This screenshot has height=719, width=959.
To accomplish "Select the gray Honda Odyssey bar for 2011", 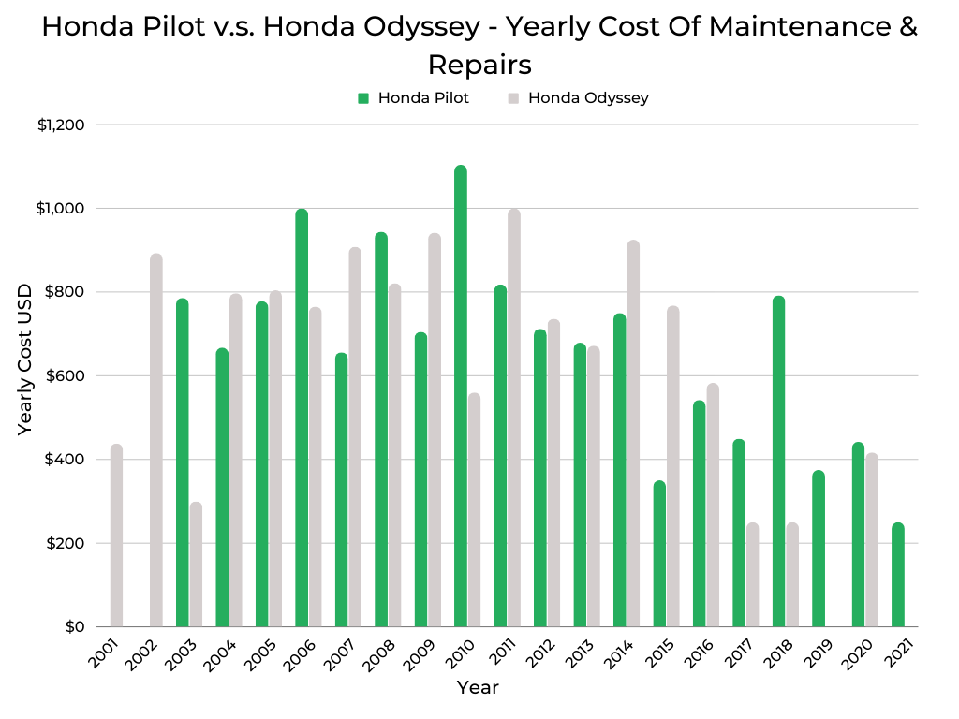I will tap(514, 418).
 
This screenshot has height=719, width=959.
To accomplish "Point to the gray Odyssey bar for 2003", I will tap(196, 565).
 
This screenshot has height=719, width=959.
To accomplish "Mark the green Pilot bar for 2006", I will tap(302, 418).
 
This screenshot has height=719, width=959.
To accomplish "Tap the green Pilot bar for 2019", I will tap(819, 549).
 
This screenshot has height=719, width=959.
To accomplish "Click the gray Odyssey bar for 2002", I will tap(156, 440).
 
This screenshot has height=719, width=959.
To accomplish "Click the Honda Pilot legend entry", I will tap(413, 97).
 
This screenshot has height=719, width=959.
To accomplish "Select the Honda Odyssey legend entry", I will tap(578, 97).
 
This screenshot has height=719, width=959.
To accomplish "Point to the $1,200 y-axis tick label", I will tap(61, 125).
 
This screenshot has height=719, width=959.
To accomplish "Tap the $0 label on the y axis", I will tap(75, 626).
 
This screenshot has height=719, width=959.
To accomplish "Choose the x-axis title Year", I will tap(478, 688).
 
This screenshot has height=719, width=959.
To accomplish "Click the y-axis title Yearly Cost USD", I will tap(25, 358).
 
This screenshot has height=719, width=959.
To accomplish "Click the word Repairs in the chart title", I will tap(479, 65).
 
